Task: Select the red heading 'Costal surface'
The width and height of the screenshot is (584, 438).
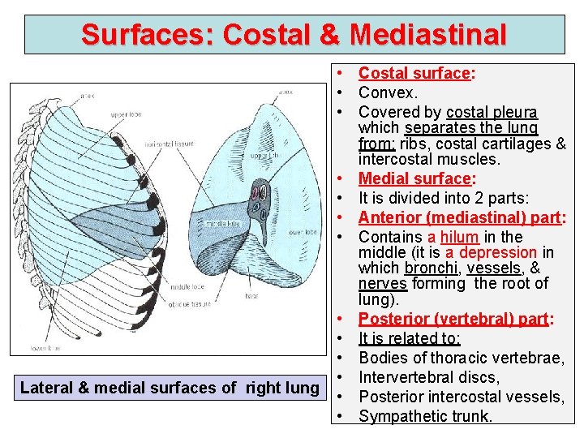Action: point(414,74)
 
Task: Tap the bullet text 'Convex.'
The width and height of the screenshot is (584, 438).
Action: point(388,92)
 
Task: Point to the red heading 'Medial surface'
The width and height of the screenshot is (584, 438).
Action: point(414,178)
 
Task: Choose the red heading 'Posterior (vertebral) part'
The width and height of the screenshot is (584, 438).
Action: point(453,318)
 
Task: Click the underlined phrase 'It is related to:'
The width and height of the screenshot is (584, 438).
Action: point(409,337)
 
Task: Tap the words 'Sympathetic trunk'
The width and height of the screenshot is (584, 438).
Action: point(426,416)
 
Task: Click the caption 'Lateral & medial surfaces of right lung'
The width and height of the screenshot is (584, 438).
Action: point(169,388)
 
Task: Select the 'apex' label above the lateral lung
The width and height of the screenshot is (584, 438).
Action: point(87,97)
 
